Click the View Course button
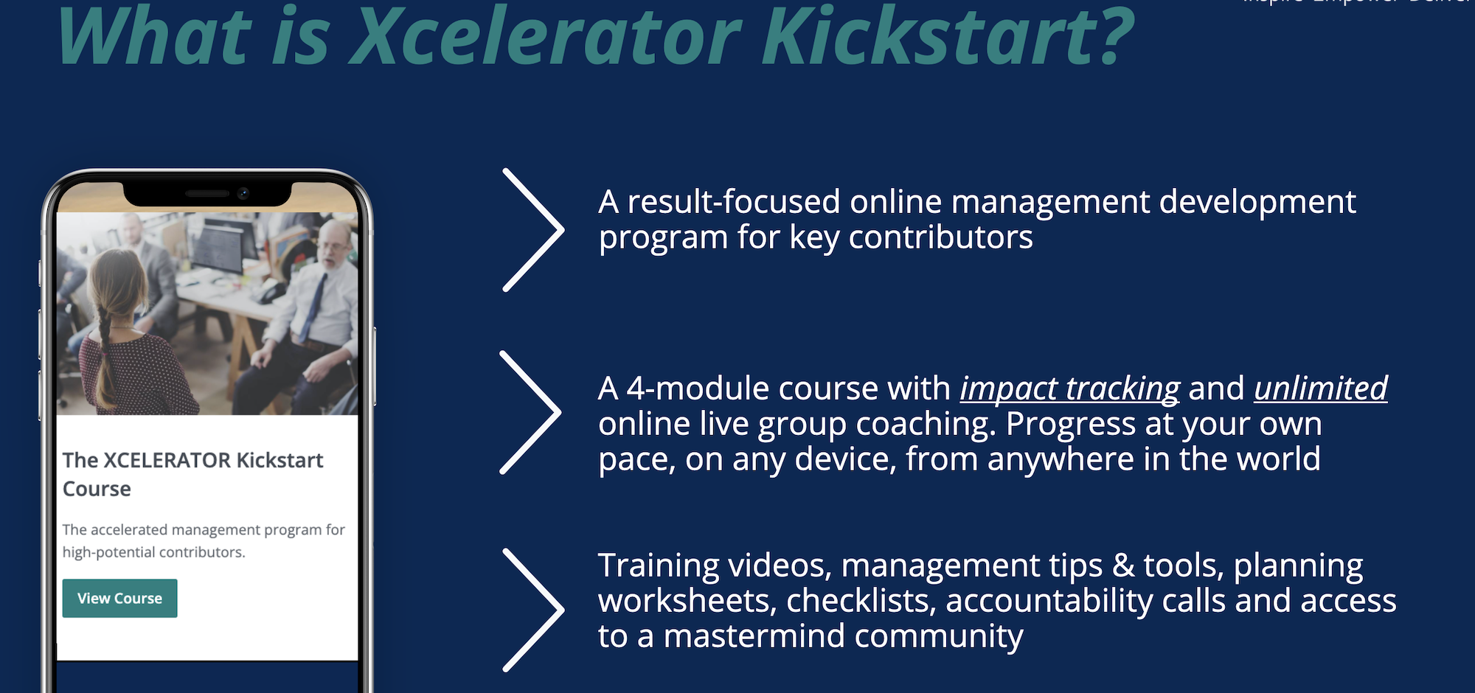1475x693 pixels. [x=119, y=598]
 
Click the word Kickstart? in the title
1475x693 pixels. [x=947, y=37]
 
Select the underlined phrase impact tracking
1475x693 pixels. [x=1069, y=389]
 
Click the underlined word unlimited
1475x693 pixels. [x=1320, y=389]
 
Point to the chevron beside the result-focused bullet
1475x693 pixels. [x=533, y=230]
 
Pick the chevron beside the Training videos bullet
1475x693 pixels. [x=533, y=610]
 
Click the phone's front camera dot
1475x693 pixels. [x=243, y=193]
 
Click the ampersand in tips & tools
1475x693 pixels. [x=1123, y=565]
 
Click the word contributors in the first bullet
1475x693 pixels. [x=940, y=237]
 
